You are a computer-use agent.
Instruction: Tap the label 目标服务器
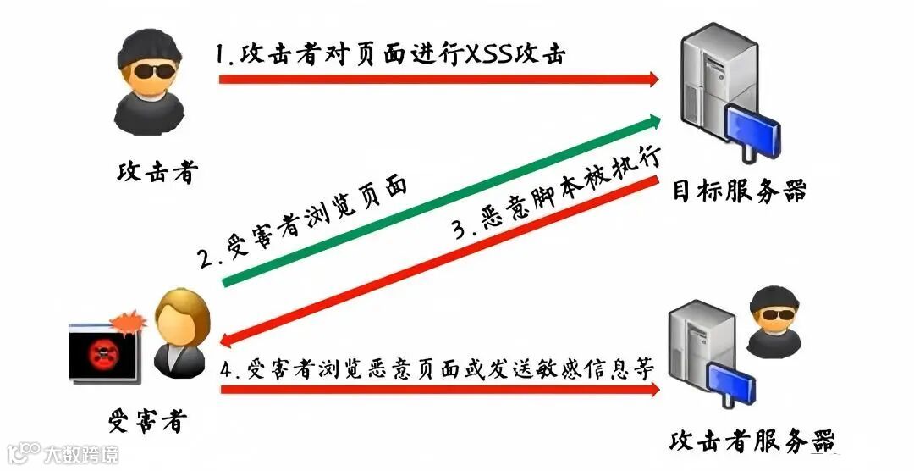click(739, 190)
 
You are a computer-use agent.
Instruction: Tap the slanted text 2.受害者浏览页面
click(305, 224)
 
